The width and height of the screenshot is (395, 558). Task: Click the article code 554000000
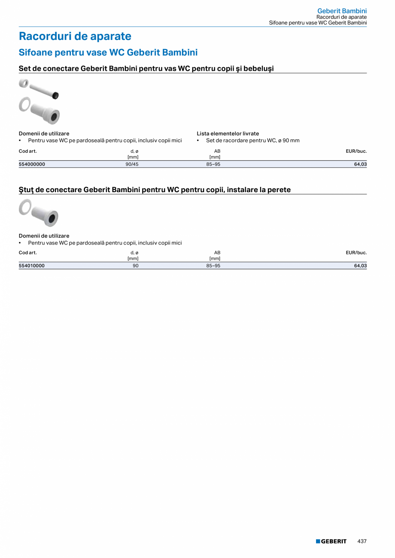pos(32,164)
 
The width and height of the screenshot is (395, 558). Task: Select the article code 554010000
pos(32,266)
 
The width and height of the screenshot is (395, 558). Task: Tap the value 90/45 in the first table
pos(132,164)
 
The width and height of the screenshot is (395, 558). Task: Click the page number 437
pos(362,541)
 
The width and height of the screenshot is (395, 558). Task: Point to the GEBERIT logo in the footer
pos(331,541)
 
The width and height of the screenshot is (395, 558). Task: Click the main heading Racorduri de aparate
pos(75,36)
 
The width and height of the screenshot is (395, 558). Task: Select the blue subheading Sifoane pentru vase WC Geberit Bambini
pos(108,52)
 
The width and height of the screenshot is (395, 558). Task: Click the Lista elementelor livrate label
pos(228,133)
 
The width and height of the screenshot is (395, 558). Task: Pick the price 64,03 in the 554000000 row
pos(360,164)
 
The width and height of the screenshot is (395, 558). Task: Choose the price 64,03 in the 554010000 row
pos(360,266)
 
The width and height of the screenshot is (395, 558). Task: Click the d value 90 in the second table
pos(136,266)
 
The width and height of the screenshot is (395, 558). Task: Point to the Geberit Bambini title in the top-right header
pos(342,11)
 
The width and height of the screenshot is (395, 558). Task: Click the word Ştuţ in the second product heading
pos(26,190)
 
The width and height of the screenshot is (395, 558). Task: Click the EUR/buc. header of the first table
pos(356,151)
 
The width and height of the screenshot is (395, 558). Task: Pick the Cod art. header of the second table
pos(28,253)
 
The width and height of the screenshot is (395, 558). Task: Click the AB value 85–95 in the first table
pos(213,164)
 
